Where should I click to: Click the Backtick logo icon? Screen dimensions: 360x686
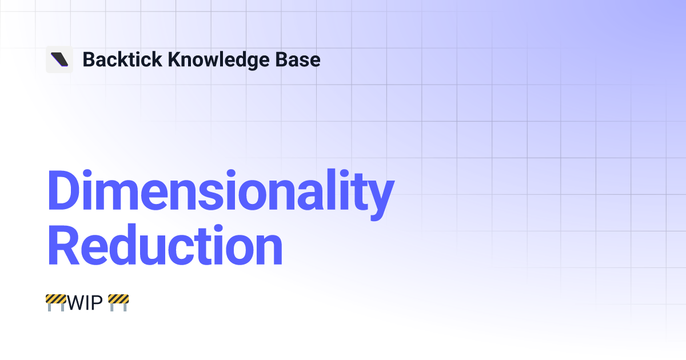[59, 59]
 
